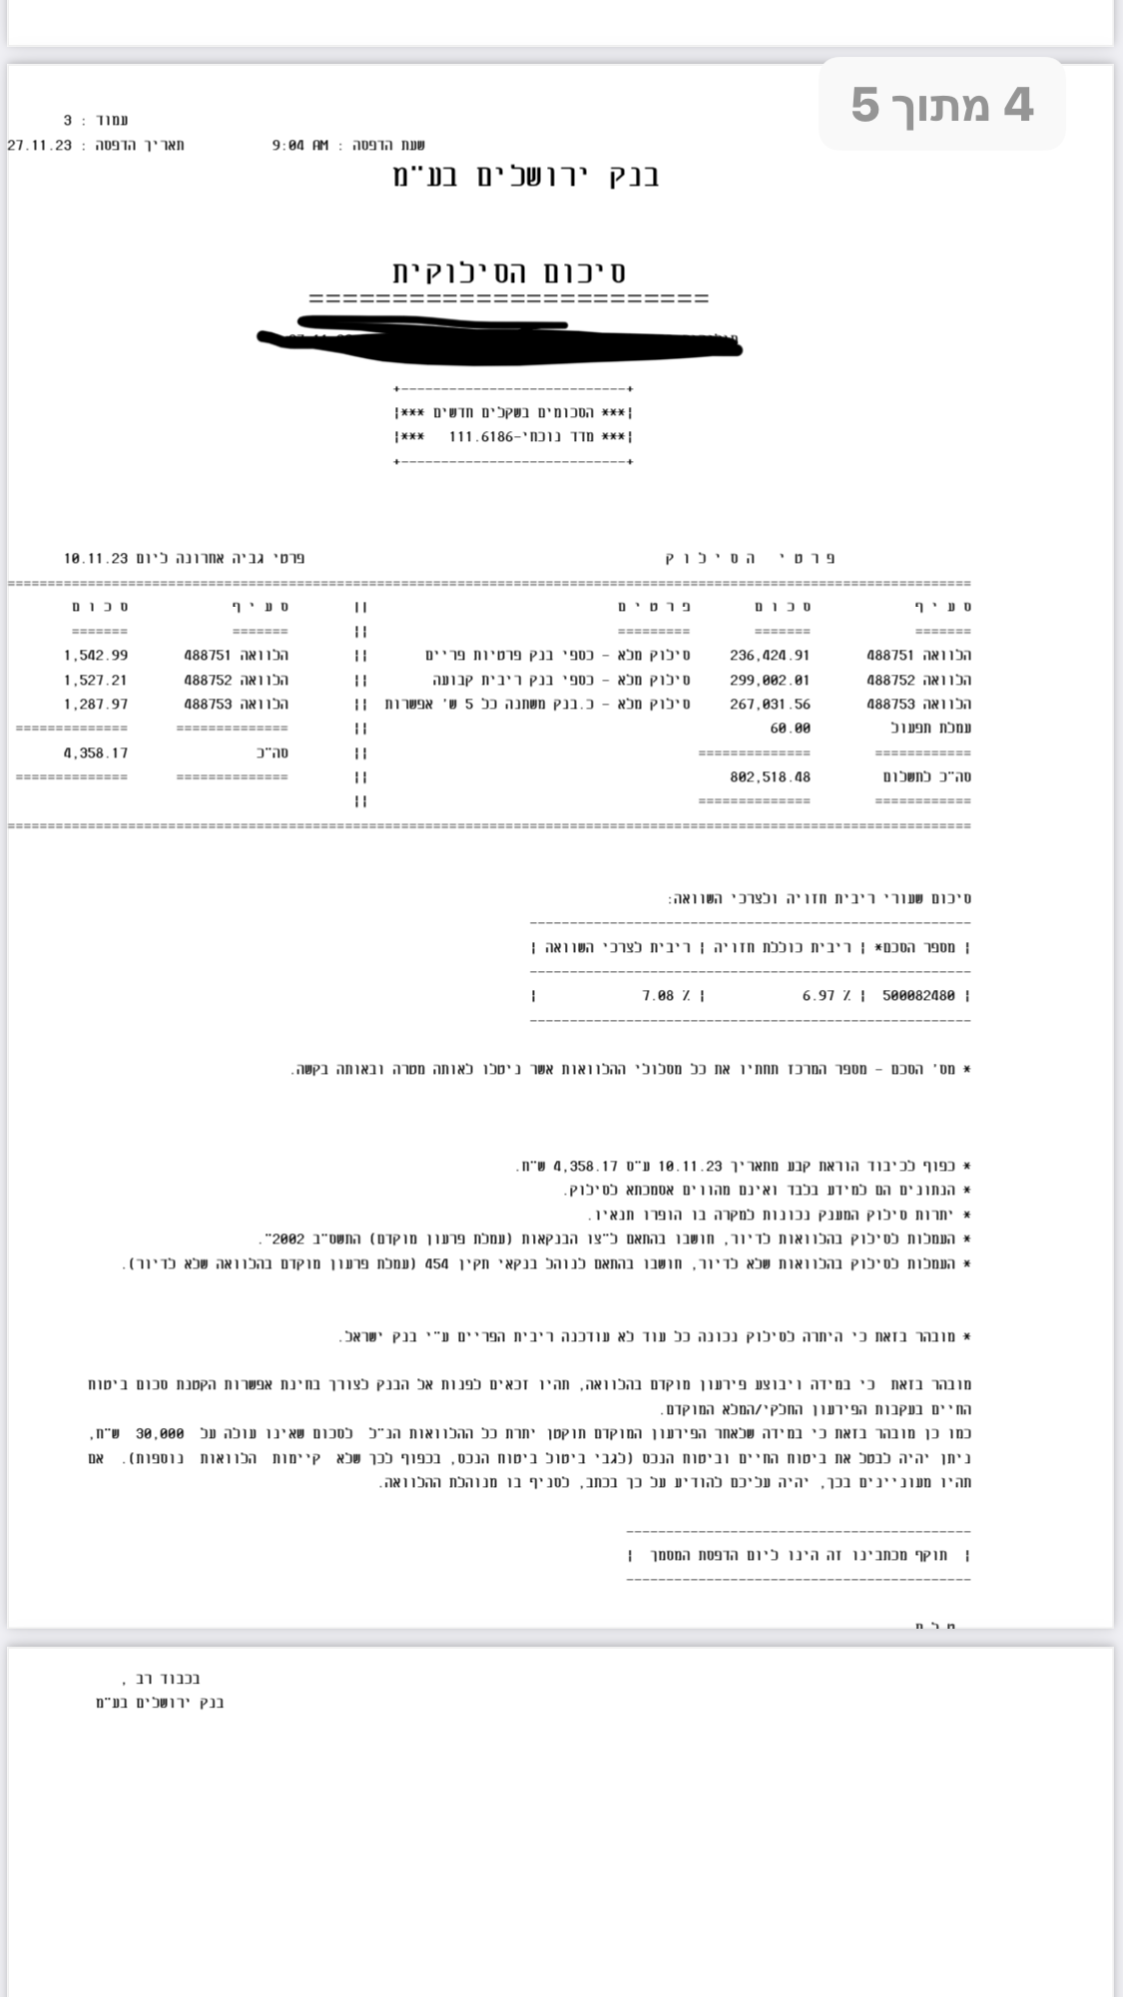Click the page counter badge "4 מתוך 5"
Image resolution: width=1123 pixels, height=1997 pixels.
point(941,105)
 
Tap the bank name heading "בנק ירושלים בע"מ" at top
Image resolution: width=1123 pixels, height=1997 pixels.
point(526,178)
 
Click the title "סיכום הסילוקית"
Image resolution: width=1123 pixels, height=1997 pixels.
point(509,271)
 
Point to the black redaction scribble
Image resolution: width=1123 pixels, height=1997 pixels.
point(499,337)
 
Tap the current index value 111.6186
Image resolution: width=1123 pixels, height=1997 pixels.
point(481,437)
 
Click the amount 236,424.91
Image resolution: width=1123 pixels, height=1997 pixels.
point(770,656)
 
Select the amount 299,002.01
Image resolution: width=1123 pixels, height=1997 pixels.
point(770,680)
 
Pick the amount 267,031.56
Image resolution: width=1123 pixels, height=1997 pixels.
point(770,705)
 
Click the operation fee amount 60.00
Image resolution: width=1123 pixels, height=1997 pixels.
point(790,729)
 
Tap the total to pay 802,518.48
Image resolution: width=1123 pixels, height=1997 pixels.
point(770,776)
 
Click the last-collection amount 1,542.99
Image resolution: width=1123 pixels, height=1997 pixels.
point(96,656)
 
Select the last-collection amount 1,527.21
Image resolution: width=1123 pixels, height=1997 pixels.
point(96,680)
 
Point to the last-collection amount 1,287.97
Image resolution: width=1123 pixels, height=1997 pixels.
point(96,705)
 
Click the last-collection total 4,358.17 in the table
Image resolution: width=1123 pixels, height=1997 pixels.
point(96,753)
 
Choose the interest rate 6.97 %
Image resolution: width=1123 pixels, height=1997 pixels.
point(827,995)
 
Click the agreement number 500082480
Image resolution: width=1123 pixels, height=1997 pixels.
point(918,995)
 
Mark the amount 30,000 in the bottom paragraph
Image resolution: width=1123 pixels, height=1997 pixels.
point(160,1433)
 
